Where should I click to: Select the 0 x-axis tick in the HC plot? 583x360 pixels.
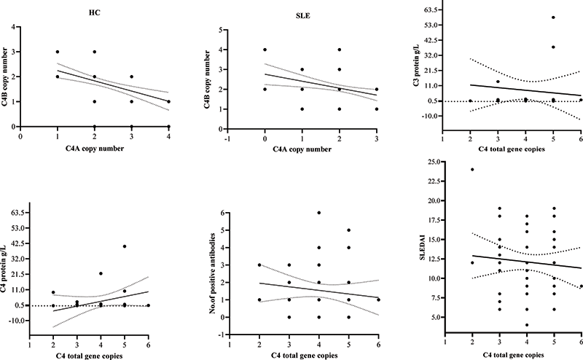click(21, 136)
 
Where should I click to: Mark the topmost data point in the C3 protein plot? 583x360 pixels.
click(553, 17)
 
